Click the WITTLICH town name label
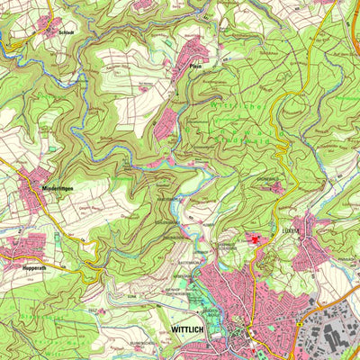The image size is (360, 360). (187, 331)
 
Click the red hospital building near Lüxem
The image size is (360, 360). (256, 239)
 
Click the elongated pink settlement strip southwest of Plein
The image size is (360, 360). (164, 126)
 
